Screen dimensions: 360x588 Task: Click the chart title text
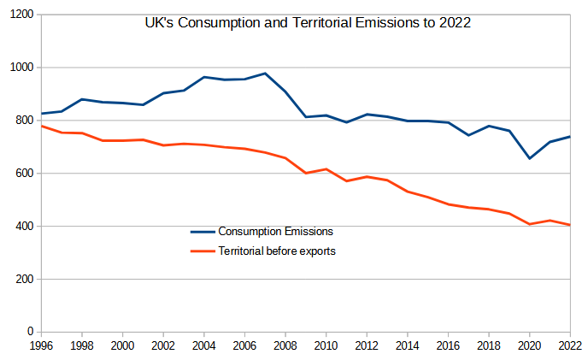[x=309, y=23]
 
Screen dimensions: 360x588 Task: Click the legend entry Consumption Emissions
[x=275, y=231]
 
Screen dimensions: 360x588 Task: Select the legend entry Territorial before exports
[x=278, y=251]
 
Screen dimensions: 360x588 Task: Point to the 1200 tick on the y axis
[x=21, y=15]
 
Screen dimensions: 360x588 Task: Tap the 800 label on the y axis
[x=24, y=121]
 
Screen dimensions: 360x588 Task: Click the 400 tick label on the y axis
[x=24, y=227]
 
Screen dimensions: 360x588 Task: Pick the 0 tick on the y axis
[x=31, y=332]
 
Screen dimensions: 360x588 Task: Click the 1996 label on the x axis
[x=41, y=345]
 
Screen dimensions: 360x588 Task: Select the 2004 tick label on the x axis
[x=203, y=345]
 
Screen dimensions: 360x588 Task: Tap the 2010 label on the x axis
[x=326, y=345]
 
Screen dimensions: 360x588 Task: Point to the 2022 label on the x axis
[x=568, y=345]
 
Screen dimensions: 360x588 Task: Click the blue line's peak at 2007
[x=265, y=74]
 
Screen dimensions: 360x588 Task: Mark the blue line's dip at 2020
[x=529, y=158]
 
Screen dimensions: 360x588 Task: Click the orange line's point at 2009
[x=305, y=173]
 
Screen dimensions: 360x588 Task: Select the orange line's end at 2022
[x=569, y=225]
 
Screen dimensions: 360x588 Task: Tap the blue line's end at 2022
[x=569, y=137]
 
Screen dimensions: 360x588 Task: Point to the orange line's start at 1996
[x=42, y=126]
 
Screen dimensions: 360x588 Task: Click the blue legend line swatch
[x=202, y=231]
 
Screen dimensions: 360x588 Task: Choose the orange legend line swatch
[x=202, y=251]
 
